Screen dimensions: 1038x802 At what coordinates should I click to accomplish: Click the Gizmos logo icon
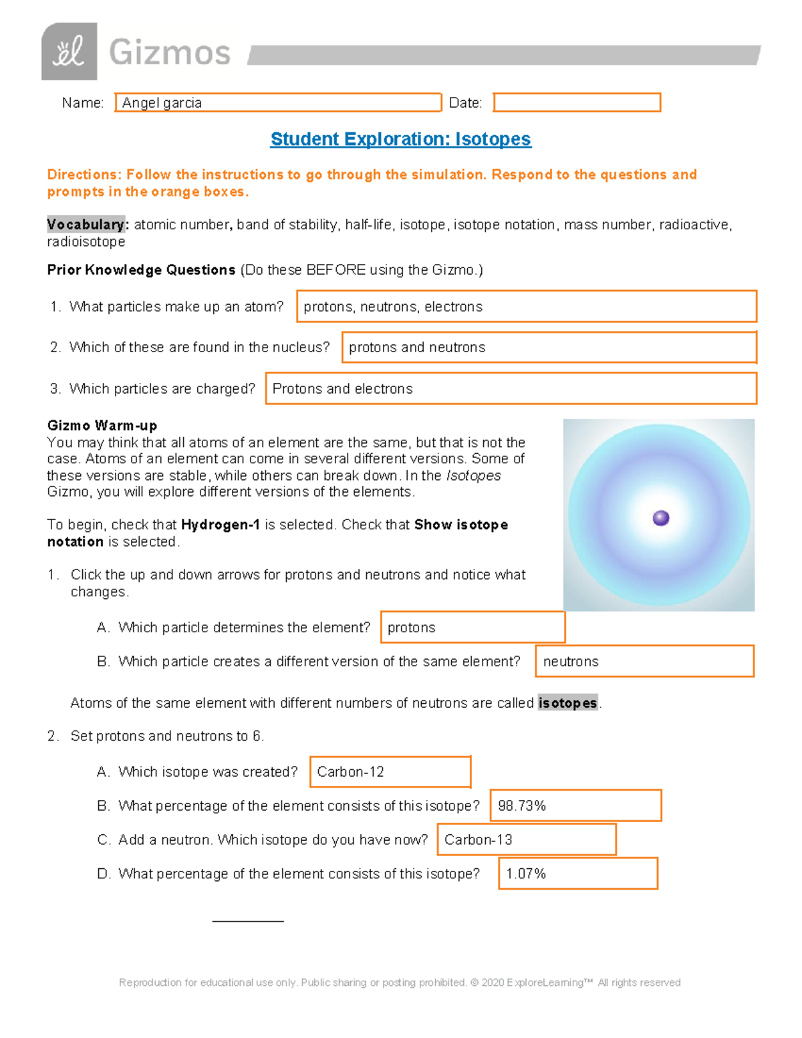(x=69, y=51)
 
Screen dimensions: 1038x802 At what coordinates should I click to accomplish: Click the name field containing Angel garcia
(x=278, y=103)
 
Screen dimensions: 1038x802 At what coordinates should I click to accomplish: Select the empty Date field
(x=577, y=103)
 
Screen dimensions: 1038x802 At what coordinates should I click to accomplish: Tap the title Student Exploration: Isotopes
(x=400, y=139)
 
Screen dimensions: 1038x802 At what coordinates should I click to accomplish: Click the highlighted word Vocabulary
(x=86, y=225)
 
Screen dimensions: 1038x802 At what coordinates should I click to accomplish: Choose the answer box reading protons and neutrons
(x=549, y=348)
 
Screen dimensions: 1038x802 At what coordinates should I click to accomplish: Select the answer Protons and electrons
(x=511, y=389)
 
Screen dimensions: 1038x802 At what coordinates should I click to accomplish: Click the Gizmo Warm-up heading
(x=102, y=426)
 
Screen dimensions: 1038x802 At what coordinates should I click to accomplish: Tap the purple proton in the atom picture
(x=661, y=518)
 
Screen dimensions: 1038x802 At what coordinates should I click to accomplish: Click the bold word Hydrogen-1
(x=220, y=525)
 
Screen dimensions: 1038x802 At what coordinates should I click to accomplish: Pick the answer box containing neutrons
(x=644, y=662)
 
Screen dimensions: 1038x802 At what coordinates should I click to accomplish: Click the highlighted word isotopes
(x=567, y=703)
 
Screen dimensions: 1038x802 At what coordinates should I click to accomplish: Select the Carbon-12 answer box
(x=390, y=772)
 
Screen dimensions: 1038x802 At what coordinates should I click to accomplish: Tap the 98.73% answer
(x=575, y=806)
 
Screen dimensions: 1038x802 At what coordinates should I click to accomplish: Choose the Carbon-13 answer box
(x=526, y=840)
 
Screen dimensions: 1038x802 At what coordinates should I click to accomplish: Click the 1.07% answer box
(x=578, y=874)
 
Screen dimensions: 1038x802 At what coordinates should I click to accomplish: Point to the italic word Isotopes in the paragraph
(x=473, y=475)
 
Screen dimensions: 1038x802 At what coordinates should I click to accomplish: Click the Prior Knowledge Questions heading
(x=141, y=270)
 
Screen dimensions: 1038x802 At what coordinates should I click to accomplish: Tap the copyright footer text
(x=400, y=983)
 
